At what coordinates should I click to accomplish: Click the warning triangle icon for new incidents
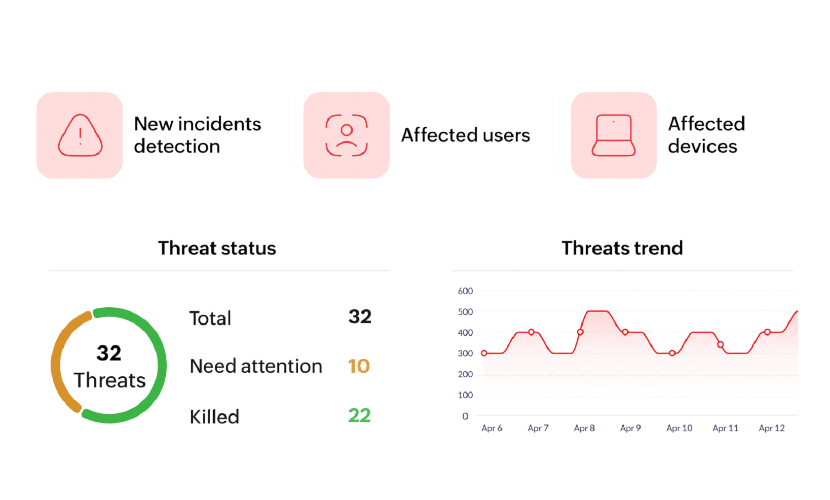tap(80, 135)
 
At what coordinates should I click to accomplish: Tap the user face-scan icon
tap(347, 135)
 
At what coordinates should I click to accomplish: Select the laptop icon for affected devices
tap(614, 135)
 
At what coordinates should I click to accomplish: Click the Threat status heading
tap(217, 248)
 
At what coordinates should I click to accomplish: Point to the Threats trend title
tap(622, 248)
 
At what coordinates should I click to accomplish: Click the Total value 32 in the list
tap(360, 317)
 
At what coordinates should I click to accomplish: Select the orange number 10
tap(359, 366)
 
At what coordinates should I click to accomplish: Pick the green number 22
tap(359, 416)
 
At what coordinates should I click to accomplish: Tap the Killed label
tap(214, 417)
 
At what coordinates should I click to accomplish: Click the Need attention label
tap(256, 366)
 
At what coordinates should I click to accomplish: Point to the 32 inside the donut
tap(109, 353)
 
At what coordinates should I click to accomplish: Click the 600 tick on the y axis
tap(465, 291)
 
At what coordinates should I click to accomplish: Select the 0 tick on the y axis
tap(465, 416)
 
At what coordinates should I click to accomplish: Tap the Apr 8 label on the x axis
tap(584, 428)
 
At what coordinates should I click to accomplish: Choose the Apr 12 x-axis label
tap(771, 428)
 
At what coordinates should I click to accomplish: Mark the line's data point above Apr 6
tap(484, 353)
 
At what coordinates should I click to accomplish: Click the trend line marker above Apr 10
tap(672, 353)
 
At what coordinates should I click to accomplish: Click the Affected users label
tap(465, 135)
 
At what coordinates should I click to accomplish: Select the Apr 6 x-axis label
tap(492, 428)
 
